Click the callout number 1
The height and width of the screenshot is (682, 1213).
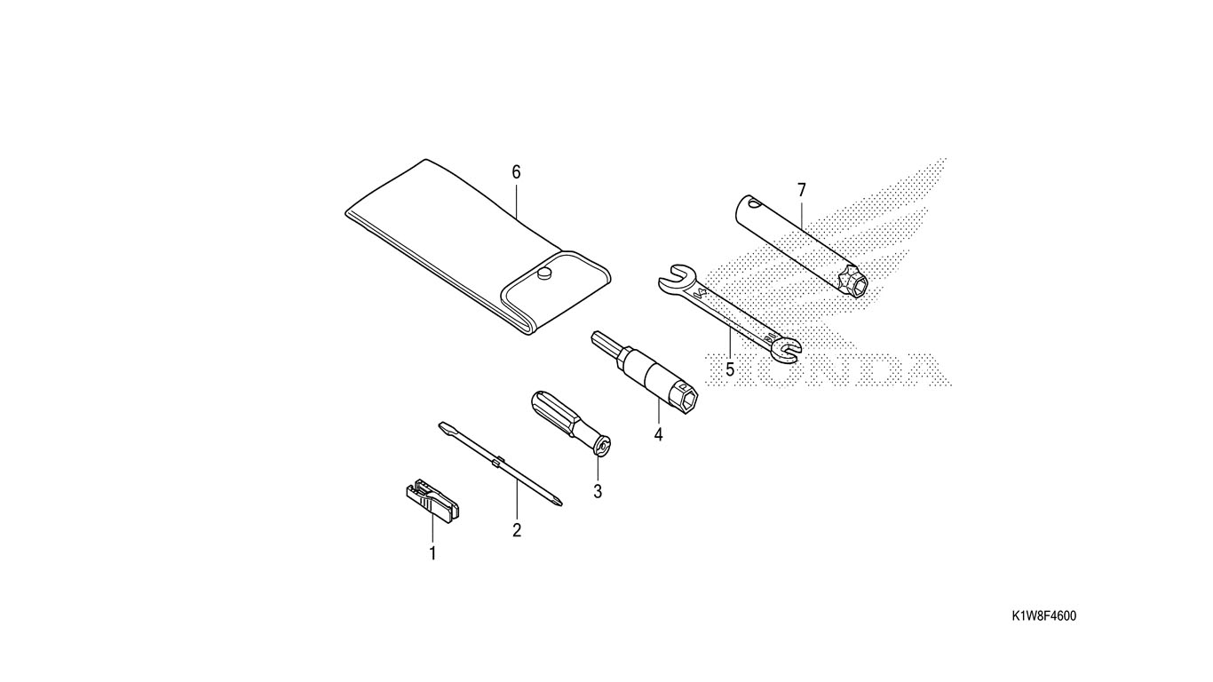click(x=432, y=553)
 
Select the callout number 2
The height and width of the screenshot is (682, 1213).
click(x=517, y=530)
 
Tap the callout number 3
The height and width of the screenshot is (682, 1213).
click(x=598, y=491)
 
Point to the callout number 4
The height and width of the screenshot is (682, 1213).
click(x=658, y=434)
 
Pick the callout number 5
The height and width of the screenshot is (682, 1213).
click(x=729, y=369)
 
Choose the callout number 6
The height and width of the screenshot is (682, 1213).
click(x=516, y=172)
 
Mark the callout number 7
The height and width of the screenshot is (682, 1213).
click(x=802, y=190)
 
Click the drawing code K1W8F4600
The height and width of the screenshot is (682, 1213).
click(x=1043, y=616)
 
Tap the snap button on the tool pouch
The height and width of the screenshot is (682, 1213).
click(x=544, y=274)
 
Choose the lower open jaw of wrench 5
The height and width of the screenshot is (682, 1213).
click(x=783, y=349)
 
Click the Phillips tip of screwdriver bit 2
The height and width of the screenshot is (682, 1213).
click(x=555, y=501)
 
